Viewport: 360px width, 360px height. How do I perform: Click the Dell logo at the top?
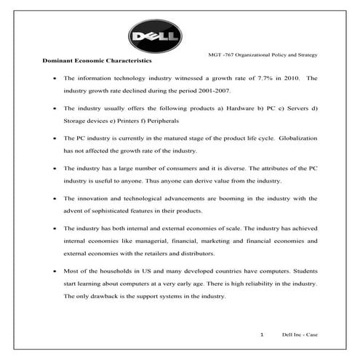click(x=155, y=36)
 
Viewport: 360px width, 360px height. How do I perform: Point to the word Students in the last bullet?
click(x=305, y=271)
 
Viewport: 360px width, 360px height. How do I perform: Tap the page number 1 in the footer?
click(x=261, y=335)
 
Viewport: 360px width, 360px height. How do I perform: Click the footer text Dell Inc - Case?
click(x=300, y=335)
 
